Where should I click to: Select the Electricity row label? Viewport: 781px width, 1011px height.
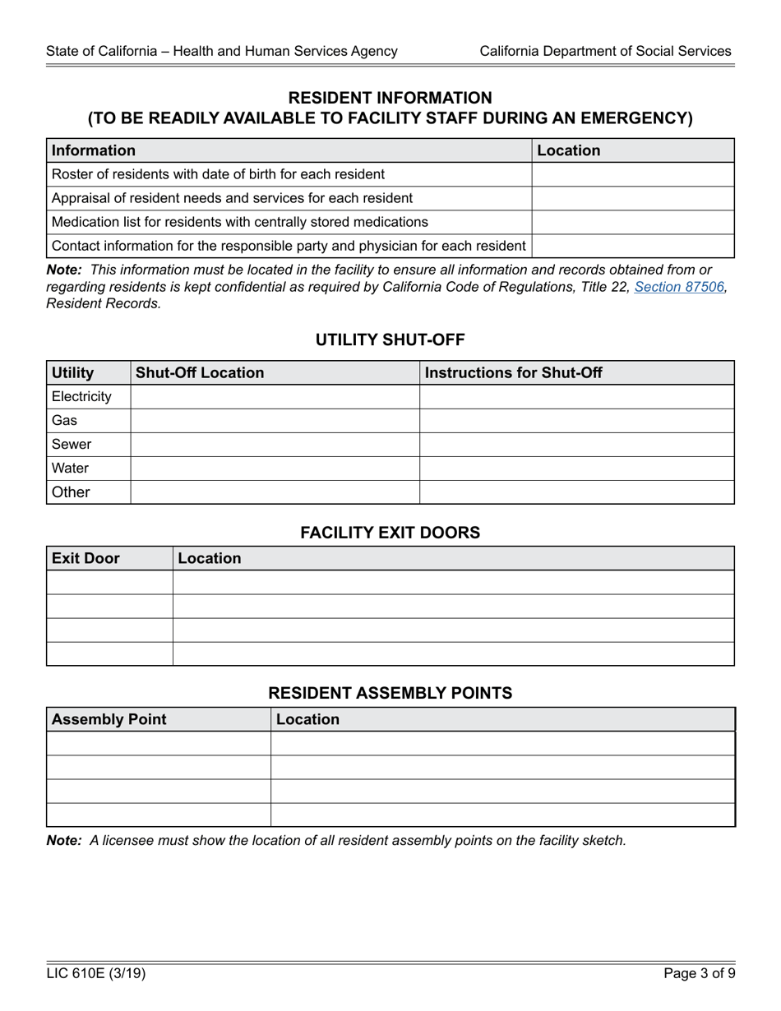81,396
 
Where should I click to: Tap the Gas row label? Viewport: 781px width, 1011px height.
64,420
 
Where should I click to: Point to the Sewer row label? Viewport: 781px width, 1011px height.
72,444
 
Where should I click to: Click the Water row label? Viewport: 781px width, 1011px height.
70,468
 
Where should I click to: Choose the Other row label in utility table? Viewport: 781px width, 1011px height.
71,492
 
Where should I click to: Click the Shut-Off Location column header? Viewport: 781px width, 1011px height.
200,372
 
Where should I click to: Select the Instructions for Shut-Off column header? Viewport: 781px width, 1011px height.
513,372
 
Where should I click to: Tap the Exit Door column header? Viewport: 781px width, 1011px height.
85,558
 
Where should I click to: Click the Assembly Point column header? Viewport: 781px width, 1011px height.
109,719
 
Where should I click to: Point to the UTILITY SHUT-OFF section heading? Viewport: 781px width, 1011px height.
390,339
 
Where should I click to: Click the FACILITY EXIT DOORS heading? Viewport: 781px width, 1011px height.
390,532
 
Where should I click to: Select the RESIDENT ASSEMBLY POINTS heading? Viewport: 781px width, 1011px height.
390,693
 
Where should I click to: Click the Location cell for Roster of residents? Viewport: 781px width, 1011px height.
632,174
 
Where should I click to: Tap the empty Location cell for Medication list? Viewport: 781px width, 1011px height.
632,222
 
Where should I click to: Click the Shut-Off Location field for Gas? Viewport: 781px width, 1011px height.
275,420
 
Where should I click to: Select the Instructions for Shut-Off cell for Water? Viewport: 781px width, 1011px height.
576,468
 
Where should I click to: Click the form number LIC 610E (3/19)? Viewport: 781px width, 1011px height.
96,974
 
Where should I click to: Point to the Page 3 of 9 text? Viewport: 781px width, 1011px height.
699,974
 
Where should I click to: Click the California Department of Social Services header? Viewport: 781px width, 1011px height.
605,51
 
